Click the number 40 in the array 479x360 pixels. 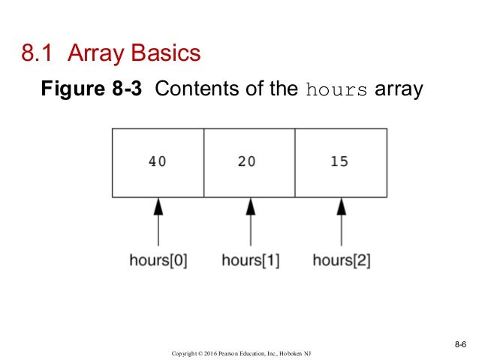158,161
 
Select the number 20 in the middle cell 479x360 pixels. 247,161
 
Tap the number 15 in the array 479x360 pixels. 339,161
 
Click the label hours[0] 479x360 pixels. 158,261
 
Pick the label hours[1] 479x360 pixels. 250,261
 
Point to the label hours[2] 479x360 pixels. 342,261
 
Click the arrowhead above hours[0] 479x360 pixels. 158,207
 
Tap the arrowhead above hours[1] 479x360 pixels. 250,207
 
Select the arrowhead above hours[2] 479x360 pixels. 342,207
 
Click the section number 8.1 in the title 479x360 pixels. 38,54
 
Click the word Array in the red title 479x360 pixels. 97,55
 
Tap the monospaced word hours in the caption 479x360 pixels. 337,91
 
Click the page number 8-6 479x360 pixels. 460,344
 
